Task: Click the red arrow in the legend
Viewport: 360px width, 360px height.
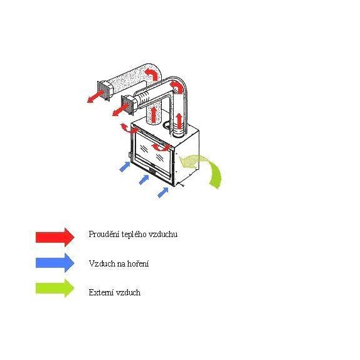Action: point(55,237)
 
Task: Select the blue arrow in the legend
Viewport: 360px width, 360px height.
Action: point(55,263)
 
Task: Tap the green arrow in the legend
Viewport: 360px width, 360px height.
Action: point(55,288)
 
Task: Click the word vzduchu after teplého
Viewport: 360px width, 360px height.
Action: point(163,235)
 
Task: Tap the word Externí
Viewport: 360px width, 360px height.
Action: point(101,292)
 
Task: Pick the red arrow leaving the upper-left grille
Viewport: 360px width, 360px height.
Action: point(95,97)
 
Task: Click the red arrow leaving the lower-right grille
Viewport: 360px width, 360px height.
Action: point(120,110)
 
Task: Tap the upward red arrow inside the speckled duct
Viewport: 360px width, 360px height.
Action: point(154,114)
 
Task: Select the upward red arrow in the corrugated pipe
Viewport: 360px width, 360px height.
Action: point(179,121)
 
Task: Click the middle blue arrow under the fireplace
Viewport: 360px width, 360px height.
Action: point(144,179)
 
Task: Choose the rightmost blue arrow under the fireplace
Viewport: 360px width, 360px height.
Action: point(163,193)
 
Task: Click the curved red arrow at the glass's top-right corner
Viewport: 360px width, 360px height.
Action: point(160,147)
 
